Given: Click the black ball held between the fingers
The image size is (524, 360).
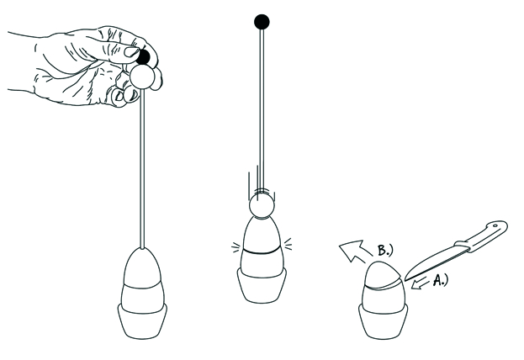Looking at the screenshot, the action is point(144,57).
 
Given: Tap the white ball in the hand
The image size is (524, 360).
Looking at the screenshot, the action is point(142,77).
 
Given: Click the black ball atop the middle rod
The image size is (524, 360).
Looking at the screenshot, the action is point(262,22).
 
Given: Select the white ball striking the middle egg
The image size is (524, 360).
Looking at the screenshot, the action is point(262,206).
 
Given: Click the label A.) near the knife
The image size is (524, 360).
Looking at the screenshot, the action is point(441,280).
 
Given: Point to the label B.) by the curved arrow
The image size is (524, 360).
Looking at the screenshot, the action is point(384,250).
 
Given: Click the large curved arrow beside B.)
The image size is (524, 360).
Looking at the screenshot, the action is point(354,251).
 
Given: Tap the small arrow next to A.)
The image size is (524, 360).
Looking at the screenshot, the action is point(420,283).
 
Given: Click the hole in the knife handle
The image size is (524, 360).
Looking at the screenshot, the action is point(495,226).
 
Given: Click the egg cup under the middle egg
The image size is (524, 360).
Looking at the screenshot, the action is point(262,285).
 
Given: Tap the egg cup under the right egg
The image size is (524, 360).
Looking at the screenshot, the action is point(383,320).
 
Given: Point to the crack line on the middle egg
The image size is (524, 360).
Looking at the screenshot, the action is point(262,250).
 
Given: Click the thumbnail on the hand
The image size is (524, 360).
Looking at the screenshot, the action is point(131,51).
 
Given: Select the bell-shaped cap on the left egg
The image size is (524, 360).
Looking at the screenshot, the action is point(142,267).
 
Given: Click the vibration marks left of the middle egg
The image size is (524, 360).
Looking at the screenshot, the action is point(236,247).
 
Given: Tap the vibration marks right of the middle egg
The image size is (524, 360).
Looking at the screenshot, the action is point(288,244).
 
